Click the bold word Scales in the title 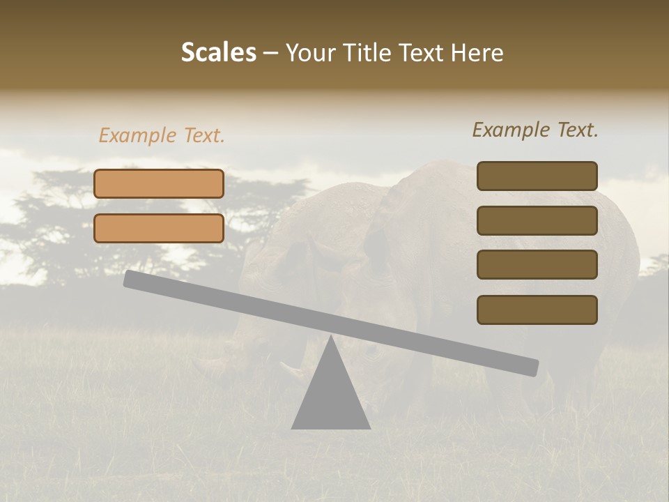click(x=218, y=53)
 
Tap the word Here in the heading click(x=476, y=53)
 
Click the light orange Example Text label click(x=162, y=135)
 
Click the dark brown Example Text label click(x=535, y=130)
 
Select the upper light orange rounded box click(x=159, y=183)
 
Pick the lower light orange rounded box click(x=159, y=228)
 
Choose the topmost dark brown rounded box click(x=537, y=176)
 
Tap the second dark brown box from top click(x=537, y=220)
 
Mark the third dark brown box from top click(x=537, y=264)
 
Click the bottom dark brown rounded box click(x=537, y=310)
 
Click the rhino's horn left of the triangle click(x=289, y=367)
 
